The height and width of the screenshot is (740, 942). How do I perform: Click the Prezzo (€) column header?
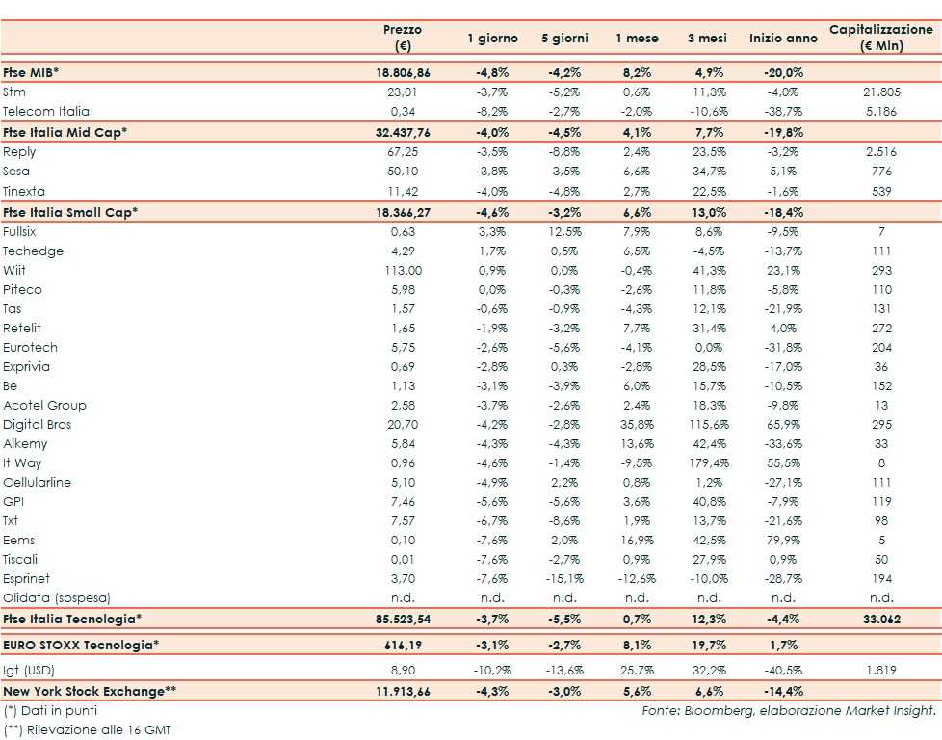(403, 39)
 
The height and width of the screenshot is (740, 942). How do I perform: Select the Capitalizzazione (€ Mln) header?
(881, 39)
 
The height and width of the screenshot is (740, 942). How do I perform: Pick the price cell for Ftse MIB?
(403, 72)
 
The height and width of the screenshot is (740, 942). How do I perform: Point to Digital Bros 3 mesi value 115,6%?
(705, 425)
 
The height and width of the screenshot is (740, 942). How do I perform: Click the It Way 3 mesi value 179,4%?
(705, 463)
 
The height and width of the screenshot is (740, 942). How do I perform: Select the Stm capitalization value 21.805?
(881, 92)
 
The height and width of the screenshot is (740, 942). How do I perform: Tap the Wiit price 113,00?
(403, 271)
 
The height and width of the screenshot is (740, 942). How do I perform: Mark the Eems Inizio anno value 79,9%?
(778, 541)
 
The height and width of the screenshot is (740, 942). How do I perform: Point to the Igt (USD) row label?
(29, 667)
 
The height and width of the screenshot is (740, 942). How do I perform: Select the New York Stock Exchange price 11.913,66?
(403, 691)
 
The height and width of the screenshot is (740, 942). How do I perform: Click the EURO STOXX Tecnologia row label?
(79, 643)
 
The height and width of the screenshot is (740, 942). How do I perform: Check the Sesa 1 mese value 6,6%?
(637, 172)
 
